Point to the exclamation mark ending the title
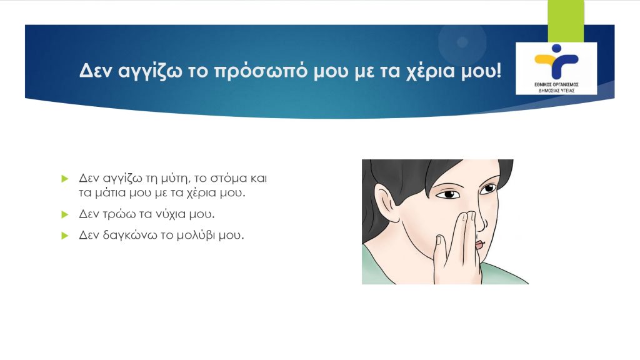(497, 71)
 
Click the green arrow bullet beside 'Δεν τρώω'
(64, 214)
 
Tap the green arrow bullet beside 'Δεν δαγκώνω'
(64, 236)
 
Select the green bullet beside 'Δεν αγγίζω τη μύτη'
(64, 179)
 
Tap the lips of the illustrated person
(479, 244)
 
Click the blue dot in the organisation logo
(556, 48)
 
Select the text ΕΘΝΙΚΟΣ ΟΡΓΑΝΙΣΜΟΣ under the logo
(556, 84)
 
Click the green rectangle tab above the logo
(566, 21)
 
